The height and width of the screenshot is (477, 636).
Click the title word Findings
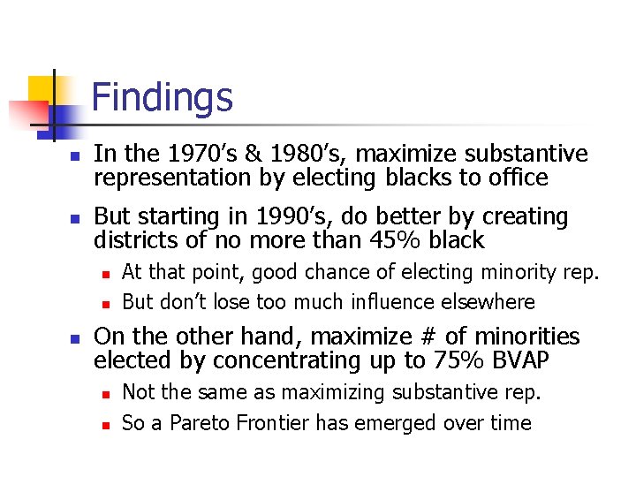(x=162, y=97)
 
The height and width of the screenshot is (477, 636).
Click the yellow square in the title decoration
(x=42, y=92)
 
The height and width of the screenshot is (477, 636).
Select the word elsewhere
(x=492, y=302)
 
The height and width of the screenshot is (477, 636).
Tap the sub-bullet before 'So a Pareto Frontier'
(x=104, y=425)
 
